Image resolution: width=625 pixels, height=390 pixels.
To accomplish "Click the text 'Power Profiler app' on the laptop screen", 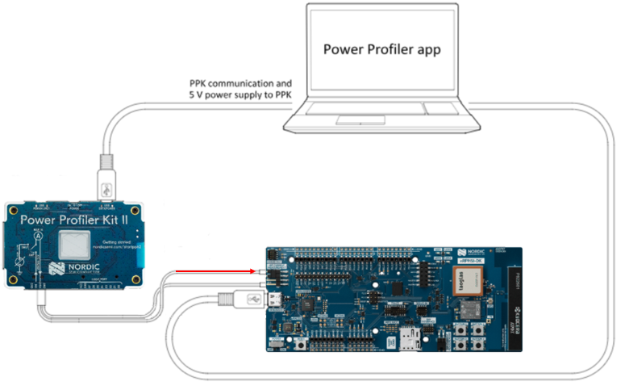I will (381, 49).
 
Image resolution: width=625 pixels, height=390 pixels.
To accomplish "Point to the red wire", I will (218, 273).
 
